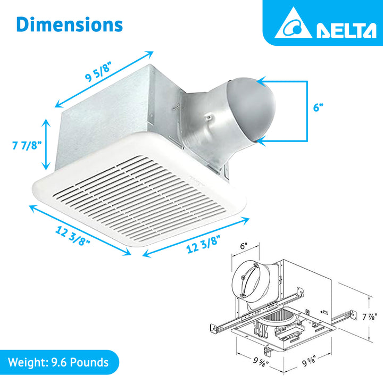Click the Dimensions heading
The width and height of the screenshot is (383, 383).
click(69, 24)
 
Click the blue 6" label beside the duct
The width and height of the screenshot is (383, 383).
click(318, 107)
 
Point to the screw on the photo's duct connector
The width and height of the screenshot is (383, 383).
click(211, 116)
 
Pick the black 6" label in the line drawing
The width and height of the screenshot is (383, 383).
click(244, 246)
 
